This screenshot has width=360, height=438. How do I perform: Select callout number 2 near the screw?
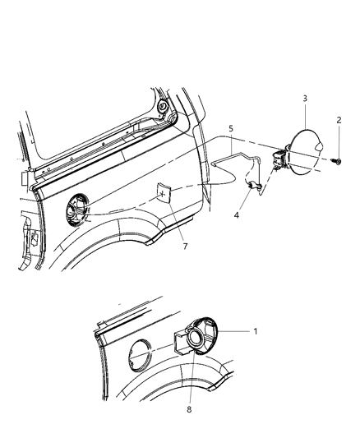(338, 120)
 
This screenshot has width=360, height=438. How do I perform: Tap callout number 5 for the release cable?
(231, 129)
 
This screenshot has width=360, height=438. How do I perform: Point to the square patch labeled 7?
(164, 194)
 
